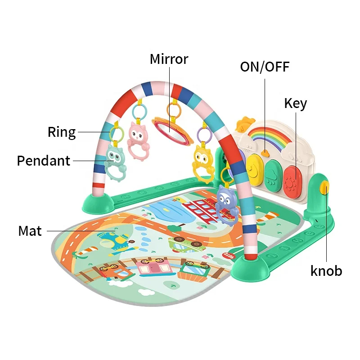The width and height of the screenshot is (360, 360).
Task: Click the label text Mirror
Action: [169, 59]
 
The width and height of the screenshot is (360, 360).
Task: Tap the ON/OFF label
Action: [265, 67]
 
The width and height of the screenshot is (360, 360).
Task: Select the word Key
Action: [296, 103]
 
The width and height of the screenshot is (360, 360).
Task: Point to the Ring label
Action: [62, 132]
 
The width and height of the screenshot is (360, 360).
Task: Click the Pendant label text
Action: [43, 161]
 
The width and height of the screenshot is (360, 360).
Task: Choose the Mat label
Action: [30, 231]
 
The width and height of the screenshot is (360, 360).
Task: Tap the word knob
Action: [326, 270]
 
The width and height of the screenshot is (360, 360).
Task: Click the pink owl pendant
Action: [138, 140]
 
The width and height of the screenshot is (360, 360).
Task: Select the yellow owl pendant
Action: [203, 162]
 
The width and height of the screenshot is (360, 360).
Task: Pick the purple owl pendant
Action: [227, 204]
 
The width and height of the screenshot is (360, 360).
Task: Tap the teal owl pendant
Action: [116, 162]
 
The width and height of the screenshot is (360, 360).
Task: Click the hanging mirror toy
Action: [173, 130]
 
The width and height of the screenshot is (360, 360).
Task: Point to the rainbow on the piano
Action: [269, 138]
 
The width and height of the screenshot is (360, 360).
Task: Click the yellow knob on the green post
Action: [325, 187]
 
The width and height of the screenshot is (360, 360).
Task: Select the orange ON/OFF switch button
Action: [265, 153]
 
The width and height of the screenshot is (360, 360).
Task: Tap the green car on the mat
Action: [187, 244]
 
